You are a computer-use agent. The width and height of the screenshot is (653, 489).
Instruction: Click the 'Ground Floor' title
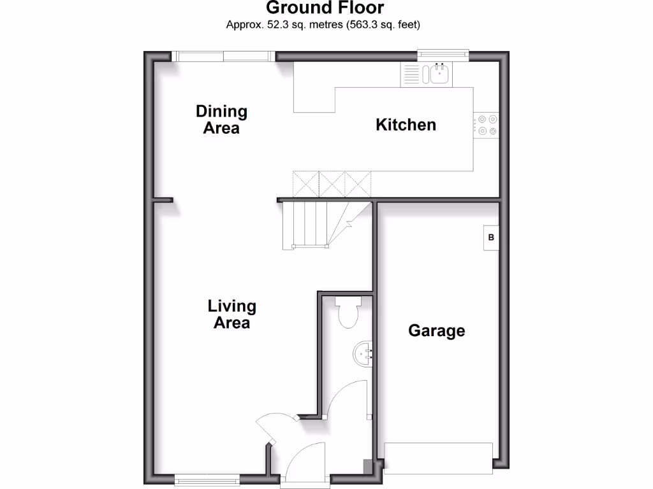coord(325,8)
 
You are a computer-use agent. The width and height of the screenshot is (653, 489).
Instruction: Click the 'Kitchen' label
coord(406,125)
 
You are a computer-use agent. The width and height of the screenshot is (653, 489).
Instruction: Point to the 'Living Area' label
coord(231,315)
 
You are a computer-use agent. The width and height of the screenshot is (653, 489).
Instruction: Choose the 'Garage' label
coord(436,331)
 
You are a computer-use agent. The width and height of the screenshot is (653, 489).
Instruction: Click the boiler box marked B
coord(490,238)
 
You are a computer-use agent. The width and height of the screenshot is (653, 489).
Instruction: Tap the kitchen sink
coord(439,74)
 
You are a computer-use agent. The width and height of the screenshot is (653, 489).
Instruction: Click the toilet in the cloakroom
coord(349,312)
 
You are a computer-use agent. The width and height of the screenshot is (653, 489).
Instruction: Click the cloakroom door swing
coord(348,398)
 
